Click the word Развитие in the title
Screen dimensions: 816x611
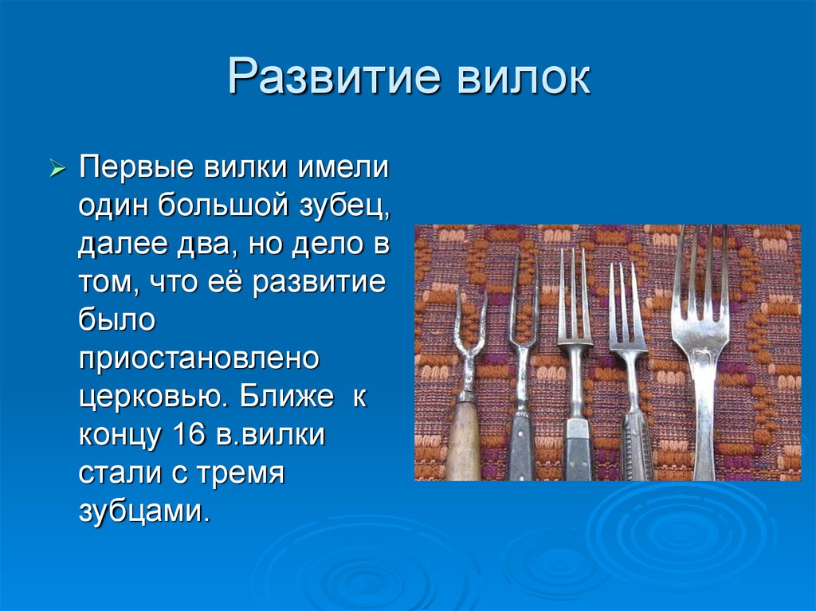[334, 76]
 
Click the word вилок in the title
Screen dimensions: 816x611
[524, 77]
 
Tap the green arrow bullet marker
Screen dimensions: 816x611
[57, 168]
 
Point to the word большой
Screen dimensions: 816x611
[223, 205]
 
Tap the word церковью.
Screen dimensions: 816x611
[154, 397]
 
